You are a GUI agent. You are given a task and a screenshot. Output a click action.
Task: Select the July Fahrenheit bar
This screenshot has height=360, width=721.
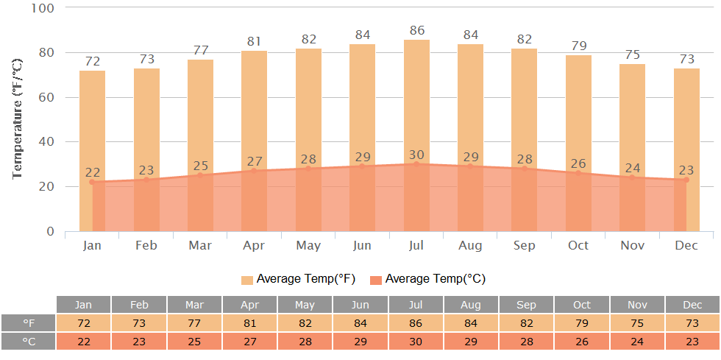coord(416,135)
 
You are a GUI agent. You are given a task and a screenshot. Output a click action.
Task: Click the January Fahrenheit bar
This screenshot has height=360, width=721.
coord(92,151)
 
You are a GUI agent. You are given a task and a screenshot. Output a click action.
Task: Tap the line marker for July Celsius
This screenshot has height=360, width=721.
coord(416,164)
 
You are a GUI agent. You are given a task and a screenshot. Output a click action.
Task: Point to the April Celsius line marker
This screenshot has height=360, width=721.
coord(255,171)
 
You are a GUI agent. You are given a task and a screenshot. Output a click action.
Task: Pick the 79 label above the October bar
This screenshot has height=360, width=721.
coord(578,47)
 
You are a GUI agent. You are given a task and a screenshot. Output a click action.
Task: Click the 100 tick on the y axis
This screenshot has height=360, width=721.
coord(43,8)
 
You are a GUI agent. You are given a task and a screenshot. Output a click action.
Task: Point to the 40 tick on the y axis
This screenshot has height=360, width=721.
coord(47,142)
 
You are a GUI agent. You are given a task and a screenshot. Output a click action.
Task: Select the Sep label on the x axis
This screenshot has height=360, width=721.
coord(525,246)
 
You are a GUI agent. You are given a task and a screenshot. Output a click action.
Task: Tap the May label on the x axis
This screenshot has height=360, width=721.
coord(308,246)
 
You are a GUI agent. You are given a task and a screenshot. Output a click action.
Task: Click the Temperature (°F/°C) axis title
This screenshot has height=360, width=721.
coord(17,119)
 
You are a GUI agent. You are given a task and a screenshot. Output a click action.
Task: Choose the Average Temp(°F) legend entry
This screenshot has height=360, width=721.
coord(298,279)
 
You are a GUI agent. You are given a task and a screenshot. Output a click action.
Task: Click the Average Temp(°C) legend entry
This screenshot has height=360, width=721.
coord(428,279)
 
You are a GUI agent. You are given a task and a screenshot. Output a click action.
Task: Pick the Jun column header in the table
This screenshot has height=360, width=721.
coord(360,305)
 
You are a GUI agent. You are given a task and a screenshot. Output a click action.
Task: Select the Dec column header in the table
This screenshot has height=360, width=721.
coord(692,305)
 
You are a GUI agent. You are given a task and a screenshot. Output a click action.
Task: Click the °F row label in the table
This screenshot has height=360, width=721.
coord(28,323)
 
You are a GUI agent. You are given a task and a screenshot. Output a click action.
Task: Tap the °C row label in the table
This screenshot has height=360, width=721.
coord(28,342)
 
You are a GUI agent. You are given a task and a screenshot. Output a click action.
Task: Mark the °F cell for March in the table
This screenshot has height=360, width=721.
coord(194,323)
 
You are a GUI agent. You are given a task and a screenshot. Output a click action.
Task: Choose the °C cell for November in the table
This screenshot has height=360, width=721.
coord(637,342)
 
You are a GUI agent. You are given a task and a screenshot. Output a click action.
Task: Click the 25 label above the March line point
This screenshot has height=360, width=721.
coord(200,166)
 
